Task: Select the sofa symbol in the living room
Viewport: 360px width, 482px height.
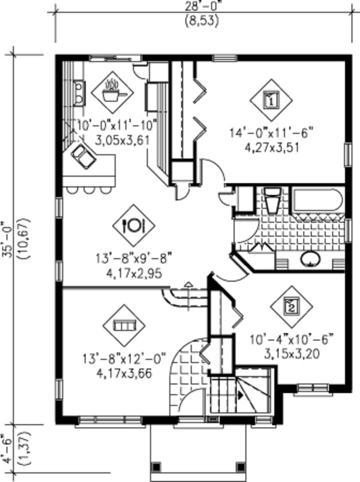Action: pos(124,326)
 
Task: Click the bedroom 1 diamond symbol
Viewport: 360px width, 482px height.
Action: pos(271,99)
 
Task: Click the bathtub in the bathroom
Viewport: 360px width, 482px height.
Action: pos(317,200)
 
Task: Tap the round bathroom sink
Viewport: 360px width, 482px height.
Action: pos(311,259)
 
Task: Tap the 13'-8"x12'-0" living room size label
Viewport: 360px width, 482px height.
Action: pos(124,361)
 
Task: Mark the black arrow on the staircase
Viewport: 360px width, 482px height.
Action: pos(241,396)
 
